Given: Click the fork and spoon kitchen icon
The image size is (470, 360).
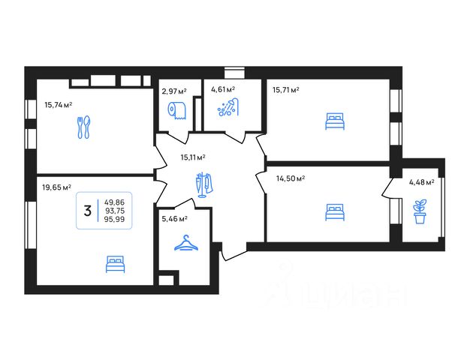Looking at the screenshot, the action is tap(84, 127).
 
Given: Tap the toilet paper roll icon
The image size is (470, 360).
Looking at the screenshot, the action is tap(177, 110).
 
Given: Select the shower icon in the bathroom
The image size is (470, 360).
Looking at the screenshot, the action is tap(228, 107).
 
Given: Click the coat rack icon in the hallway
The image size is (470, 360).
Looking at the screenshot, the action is tap(204, 184).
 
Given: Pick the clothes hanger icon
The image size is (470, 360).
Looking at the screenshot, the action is tap(186, 242).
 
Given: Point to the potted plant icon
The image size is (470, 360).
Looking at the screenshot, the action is tap(420, 211).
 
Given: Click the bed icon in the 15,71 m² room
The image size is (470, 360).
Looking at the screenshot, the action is tap(335, 121).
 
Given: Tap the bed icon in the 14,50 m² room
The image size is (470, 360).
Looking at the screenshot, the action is tap(335, 212).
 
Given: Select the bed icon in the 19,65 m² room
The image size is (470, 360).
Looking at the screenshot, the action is tap(115, 264).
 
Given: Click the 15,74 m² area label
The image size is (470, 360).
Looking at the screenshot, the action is tap(58, 105).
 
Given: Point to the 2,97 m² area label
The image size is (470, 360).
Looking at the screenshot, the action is tap(174, 91).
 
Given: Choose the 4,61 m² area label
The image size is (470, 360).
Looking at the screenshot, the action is tap(223, 89).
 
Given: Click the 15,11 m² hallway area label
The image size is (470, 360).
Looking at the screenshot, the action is tap(193, 157).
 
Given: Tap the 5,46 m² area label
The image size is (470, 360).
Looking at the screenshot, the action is tap(174, 219).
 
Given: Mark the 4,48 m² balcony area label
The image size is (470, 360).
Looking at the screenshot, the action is tap(422, 181).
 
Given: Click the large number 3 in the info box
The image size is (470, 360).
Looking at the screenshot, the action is tap(88, 211).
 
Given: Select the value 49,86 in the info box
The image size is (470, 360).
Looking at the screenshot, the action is tap(115, 202).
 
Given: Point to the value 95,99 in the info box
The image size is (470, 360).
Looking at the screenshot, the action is tap(114, 219).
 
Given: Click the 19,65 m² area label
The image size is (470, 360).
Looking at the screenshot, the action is tap(56, 187).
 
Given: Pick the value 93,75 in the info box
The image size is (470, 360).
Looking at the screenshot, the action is tap(115, 211).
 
